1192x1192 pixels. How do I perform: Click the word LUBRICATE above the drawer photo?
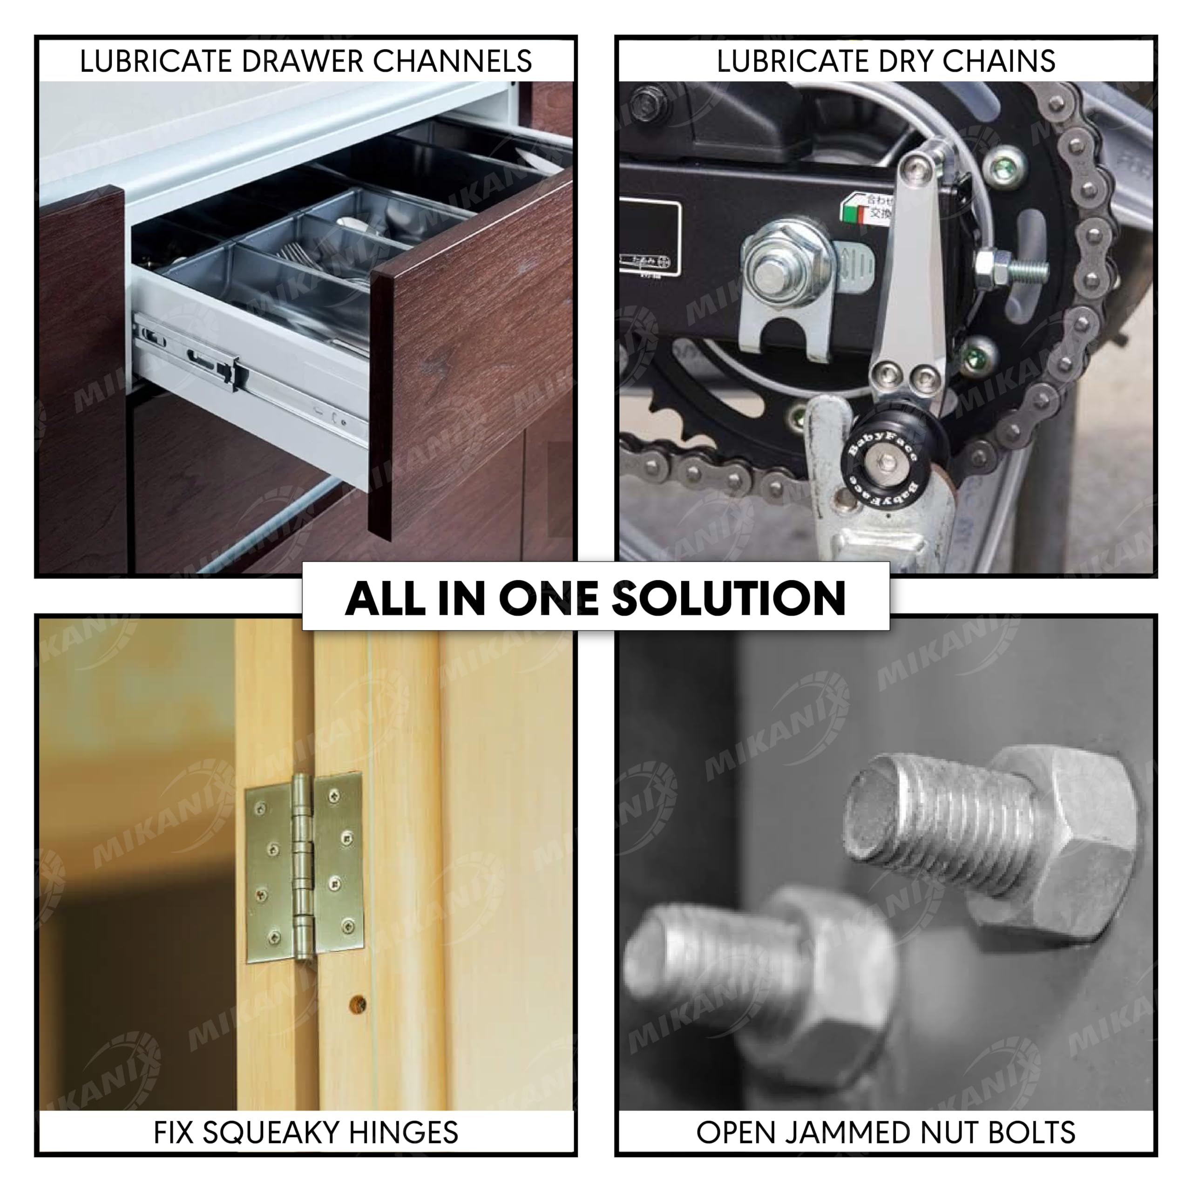coord(157,61)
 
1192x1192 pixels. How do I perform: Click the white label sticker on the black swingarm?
coord(649,237)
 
